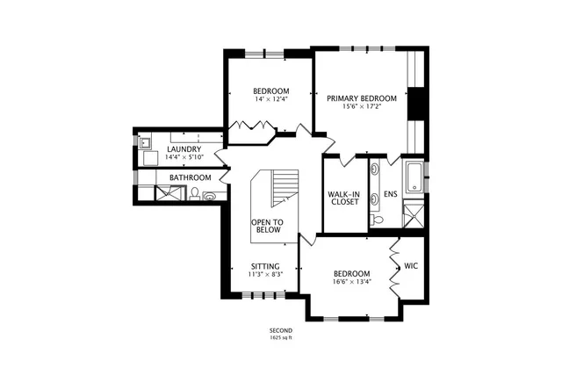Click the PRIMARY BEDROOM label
[362, 98]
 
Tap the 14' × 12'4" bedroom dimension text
[271, 99]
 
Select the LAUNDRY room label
[184, 149]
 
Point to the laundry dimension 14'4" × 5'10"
[184, 157]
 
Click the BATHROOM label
[191, 177]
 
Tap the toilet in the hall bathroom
[195, 193]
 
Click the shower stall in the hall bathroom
[170, 193]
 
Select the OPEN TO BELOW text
[267, 227]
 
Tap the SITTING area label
[265, 266]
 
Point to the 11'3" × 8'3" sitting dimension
[265, 274]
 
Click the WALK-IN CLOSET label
[344, 198]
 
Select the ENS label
[390, 194]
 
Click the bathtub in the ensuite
[414, 177]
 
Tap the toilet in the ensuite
[376, 219]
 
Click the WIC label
[411, 266]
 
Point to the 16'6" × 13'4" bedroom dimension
[351, 281]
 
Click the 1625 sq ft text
[281, 337]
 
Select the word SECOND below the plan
[281, 330]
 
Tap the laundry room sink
[145, 143]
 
